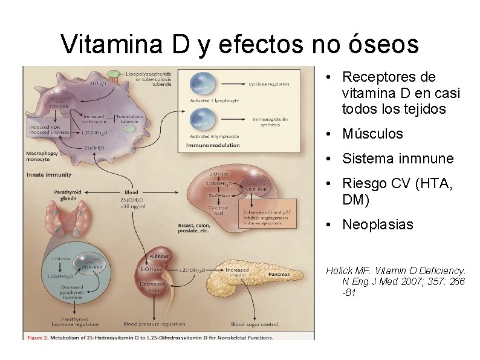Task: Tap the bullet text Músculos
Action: [372, 134]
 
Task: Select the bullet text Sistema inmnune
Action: [397, 159]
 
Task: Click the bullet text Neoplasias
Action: [378, 225]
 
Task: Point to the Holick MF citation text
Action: [396, 282]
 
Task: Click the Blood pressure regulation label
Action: [154, 324]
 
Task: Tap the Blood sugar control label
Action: [255, 324]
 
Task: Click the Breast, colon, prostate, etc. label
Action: [193, 228]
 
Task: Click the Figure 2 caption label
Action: [148, 337]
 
